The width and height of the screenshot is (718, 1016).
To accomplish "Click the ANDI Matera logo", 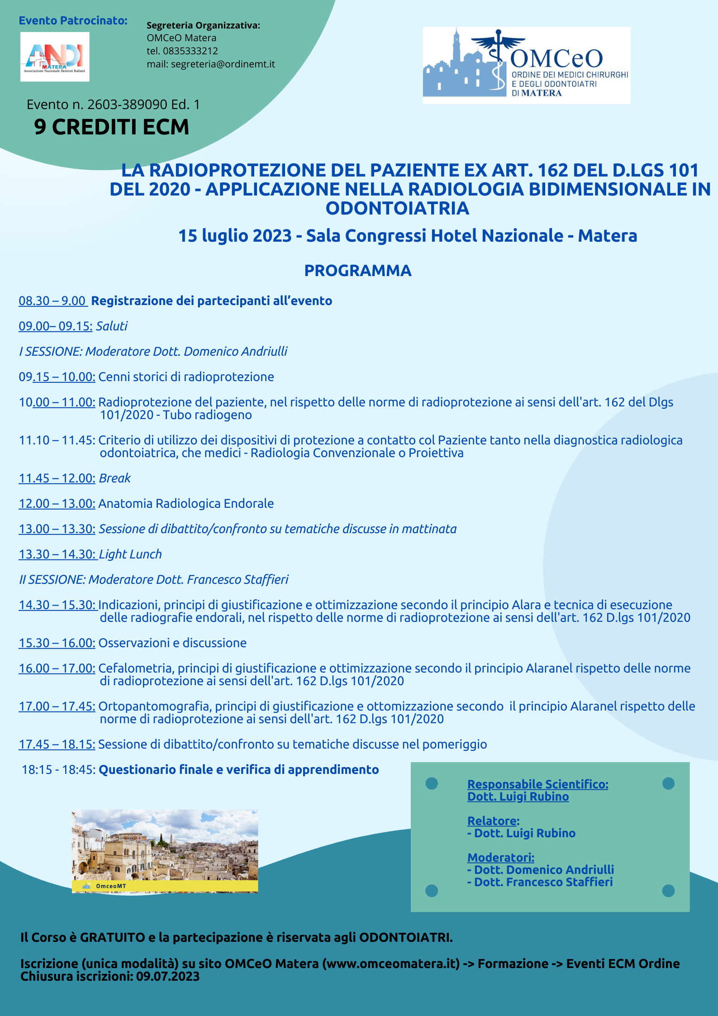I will click(55, 57).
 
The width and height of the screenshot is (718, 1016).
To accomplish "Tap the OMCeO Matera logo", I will click(526, 65).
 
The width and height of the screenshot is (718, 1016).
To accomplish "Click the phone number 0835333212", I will click(190, 51).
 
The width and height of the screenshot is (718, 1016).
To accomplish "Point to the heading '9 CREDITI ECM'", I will click(111, 127).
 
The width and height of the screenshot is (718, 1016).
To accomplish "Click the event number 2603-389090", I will click(127, 105).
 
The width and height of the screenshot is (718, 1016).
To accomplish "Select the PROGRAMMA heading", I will click(357, 271).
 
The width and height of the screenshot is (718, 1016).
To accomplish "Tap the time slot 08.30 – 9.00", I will click(52, 301).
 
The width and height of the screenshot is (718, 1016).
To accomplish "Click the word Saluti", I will click(112, 326).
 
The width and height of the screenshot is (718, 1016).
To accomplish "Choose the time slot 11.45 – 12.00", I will click(57, 478).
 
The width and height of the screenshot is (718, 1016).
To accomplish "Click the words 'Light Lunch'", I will click(130, 554).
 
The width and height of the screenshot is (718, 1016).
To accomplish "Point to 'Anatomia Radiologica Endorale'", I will click(186, 504).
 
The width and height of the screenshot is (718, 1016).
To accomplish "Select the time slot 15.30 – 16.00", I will click(57, 643).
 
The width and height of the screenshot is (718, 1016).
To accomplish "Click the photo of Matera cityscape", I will click(165, 850).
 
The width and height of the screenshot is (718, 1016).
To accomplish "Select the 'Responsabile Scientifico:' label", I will click(537, 784).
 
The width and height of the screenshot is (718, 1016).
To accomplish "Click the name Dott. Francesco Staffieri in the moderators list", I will click(543, 882).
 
